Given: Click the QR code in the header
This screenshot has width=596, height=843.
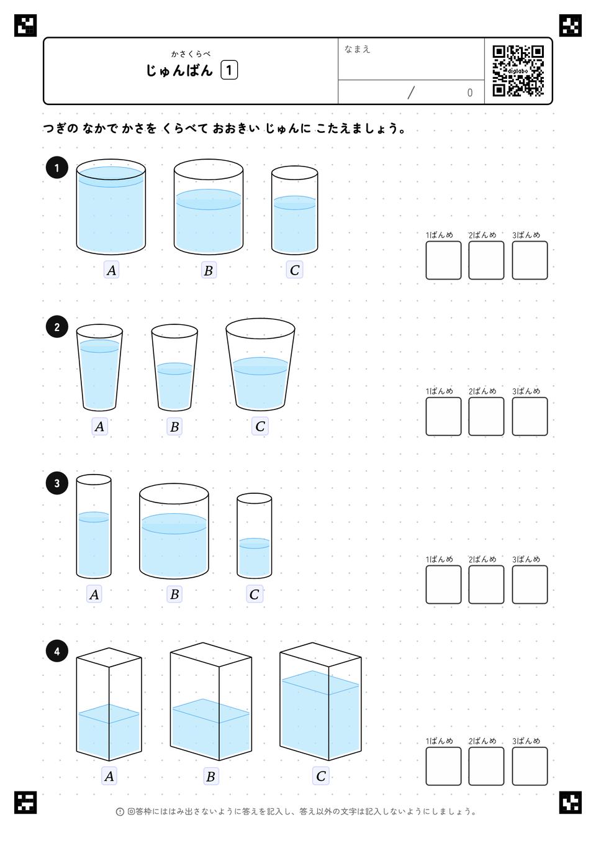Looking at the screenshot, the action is pyautogui.click(x=518, y=71).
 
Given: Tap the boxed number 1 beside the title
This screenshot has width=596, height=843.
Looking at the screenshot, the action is pyautogui.click(x=229, y=70).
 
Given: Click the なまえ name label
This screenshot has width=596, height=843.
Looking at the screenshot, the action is pyautogui.click(x=357, y=49).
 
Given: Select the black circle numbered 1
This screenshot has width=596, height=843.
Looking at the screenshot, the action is pyautogui.click(x=56, y=168).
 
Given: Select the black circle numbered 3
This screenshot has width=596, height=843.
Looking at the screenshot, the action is pyautogui.click(x=56, y=483).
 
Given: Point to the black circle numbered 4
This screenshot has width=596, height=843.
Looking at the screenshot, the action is pyautogui.click(x=56, y=652).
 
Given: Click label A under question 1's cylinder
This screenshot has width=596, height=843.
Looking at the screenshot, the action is pyautogui.click(x=111, y=270).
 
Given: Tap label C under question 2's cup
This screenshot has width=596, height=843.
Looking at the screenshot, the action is pyautogui.click(x=260, y=426).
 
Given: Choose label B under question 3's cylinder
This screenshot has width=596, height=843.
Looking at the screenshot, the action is pyautogui.click(x=174, y=595).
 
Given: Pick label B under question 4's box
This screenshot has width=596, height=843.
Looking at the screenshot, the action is pyautogui.click(x=210, y=776).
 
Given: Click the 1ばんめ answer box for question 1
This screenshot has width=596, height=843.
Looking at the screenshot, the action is pyautogui.click(x=443, y=260).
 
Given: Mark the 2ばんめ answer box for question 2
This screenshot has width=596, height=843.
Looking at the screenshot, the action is pyautogui.click(x=486, y=416).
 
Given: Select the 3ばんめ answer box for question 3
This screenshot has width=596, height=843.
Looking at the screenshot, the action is pyautogui.click(x=530, y=585).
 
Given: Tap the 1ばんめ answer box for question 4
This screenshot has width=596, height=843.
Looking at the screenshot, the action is pyautogui.click(x=443, y=766).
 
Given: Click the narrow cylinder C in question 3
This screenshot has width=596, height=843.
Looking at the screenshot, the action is pyautogui.click(x=254, y=536).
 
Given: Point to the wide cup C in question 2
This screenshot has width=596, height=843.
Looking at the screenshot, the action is pyautogui.click(x=260, y=365).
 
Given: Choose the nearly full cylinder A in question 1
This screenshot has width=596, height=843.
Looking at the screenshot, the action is pyautogui.click(x=111, y=207).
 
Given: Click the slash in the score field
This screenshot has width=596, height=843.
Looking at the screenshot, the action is pyautogui.click(x=411, y=93).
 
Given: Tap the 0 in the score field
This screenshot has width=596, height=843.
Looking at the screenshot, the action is pyautogui.click(x=469, y=93).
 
